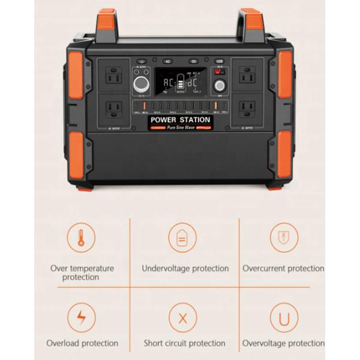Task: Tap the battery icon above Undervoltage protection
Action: click(x=182, y=237)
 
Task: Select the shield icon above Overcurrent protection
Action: click(x=284, y=237)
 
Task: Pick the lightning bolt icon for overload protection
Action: click(x=81, y=316)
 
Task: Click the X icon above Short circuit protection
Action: click(x=183, y=316)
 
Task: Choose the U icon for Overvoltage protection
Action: click(x=284, y=316)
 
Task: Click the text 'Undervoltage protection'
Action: click(x=185, y=268)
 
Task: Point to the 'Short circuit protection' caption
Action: click(x=184, y=343)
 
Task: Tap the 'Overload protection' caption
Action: click(x=82, y=343)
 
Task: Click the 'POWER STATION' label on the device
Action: click(x=180, y=120)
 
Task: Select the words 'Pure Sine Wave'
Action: click(x=181, y=128)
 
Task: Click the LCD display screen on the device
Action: click(x=181, y=81)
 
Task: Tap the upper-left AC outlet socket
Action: click(x=113, y=76)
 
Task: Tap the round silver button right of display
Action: click(x=220, y=85)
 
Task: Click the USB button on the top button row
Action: click(x=220, y=61)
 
